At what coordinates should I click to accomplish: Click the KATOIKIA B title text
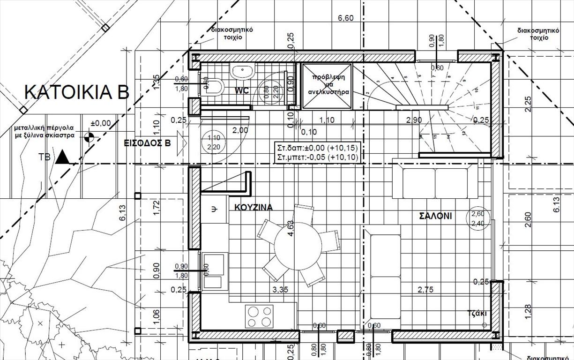pyautogui.click(x=76, y=92)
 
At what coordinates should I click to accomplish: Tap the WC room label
pyautogui.click(x=242, y=90)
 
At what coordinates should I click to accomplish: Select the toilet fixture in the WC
pyautogui.click(x=214, y=87)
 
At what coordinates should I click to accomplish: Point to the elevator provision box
pyautogui.click(x=327, y=86)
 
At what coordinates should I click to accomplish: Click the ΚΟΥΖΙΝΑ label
pyautogui.click(x=253, y=207)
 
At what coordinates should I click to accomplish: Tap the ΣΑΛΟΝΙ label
pyautogui.click(x=435, y=216)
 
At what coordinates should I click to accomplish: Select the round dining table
pyautogui.click(x=298, y=245)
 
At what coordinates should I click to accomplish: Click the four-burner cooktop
pyautogui.click(x=259, y=316)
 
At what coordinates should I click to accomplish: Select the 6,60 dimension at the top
pyautogui.click(x=346, y=18)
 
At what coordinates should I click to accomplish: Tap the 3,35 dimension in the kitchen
pyautogui.click(x=280, y=290)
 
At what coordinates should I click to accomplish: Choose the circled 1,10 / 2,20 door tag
pyautogui.click(x=213, y=142)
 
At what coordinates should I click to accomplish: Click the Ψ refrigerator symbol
pyautogui.click(x=214, y=210)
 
